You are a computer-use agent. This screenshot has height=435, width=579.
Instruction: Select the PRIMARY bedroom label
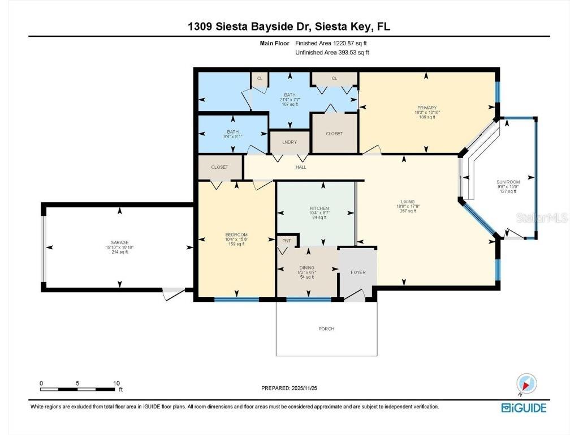point(427,107)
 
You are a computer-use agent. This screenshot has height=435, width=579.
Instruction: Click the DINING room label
point(307,268)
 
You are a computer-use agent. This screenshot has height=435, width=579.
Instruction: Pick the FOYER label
point(358,272)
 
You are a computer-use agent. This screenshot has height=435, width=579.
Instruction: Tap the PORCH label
point(326,329)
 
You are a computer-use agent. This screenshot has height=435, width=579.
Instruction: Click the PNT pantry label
point(286,241)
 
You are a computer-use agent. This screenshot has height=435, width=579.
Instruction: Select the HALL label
point(301,168)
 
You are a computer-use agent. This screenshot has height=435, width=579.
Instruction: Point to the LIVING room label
point(408,202)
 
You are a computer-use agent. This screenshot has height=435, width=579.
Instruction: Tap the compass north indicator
point(527,383)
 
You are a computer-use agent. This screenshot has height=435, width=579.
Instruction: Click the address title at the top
point(289,26)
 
